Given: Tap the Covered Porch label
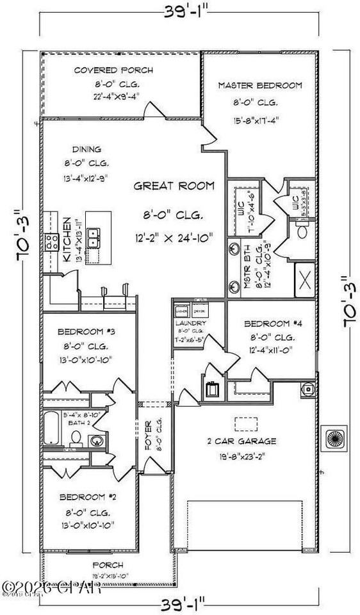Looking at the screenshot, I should [x=113, y=70].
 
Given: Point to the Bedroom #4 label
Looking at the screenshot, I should [x=267, y=324].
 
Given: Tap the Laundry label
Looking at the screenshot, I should [x=190, y=323].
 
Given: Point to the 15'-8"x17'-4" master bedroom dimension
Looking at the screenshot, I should [x=259, y=119].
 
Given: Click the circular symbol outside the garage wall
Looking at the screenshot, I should [x=334, y=438].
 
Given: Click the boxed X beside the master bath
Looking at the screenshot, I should [x=304, y=280].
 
